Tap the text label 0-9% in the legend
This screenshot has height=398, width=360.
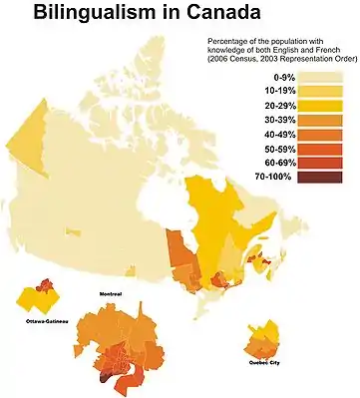coord(270,75)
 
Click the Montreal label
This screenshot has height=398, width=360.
coord(112,295)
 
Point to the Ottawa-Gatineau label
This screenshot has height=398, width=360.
coord(41,323)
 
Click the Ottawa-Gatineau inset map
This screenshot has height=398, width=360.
coord(40,300)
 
